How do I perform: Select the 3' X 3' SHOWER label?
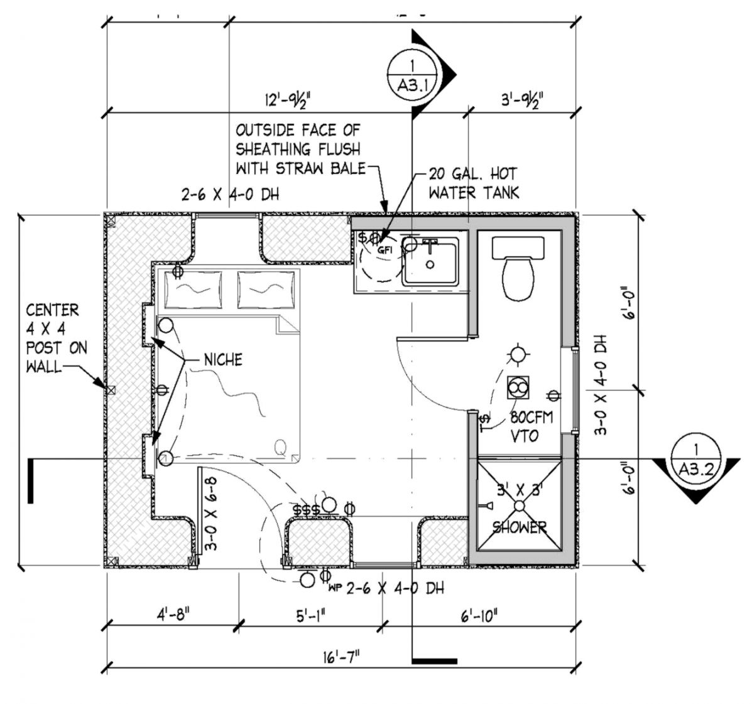tap(519, 509)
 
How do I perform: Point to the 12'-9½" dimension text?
tap(288, 100)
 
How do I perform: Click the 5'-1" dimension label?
tap(310, 615)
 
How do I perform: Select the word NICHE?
tap(223, 360)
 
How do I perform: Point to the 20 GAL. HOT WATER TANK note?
tap(473, 183)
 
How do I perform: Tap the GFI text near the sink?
tap(384, 249)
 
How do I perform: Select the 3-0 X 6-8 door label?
tap(212, 514)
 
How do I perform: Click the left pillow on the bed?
tap(195, 290)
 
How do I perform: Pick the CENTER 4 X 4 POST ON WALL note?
tap(55, 338)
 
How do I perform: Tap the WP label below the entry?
tap(334, 589)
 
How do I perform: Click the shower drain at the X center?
tap(519, 505)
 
